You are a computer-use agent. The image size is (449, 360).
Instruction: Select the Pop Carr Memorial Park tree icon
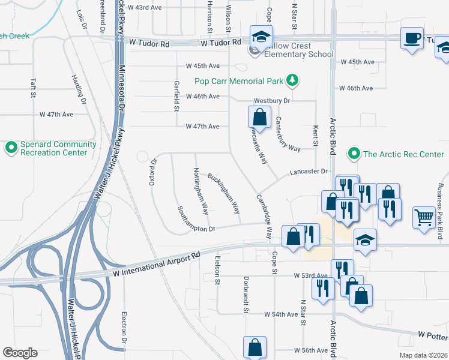(x=292, y=80)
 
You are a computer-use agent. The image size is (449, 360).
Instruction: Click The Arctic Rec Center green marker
(x=354, y=154)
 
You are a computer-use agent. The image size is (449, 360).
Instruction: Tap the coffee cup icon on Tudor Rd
(x=412, y=38)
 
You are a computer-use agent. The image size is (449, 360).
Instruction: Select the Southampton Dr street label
(x=196, y=220)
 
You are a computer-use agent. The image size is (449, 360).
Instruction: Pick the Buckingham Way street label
(x=224, y=193)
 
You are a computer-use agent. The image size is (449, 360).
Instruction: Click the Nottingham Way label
(x=201, y=191)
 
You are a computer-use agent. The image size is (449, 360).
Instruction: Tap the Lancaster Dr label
(x=309, y=171)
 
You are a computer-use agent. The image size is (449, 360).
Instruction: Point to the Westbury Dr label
(x=271, y=101)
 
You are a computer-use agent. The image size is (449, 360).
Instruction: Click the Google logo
(x=20, y=353)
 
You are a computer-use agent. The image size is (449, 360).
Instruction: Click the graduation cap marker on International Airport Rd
(x=364, y=239)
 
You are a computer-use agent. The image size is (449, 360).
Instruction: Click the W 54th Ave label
(x=281, y=314)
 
